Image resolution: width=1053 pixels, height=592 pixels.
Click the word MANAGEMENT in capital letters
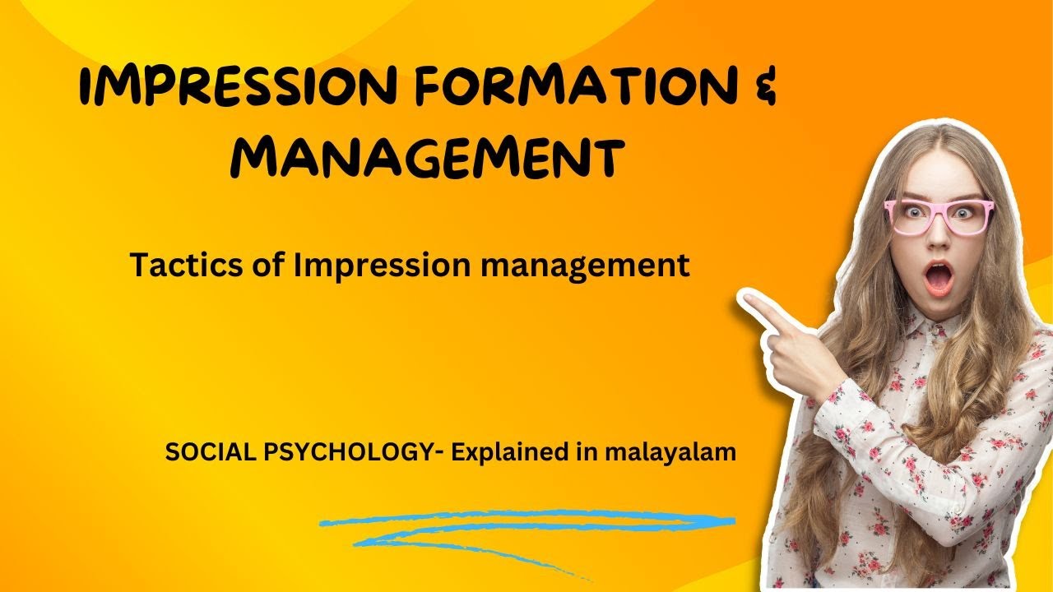coord(424,157)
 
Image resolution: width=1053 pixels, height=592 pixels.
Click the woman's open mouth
coord(938,279)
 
